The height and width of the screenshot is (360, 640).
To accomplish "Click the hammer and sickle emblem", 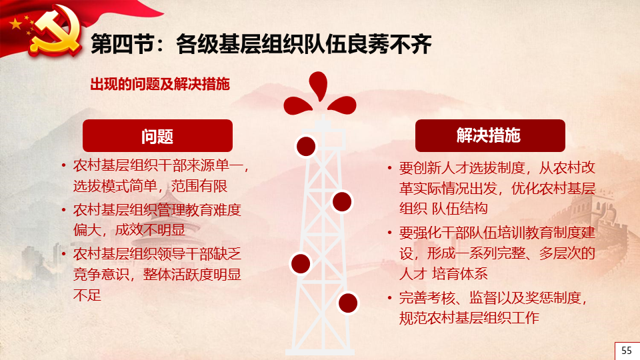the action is (56, 31).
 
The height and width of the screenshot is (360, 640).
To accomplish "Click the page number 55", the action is (627, 350).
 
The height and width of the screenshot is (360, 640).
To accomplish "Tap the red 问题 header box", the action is (157, 135).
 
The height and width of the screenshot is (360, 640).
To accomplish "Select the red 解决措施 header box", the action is (490, 135).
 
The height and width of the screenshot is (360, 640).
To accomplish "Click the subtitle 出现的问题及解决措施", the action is (160, 84).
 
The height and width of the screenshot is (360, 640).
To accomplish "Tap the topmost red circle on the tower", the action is (306, 146).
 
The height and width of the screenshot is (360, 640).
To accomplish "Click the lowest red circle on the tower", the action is (348, 303).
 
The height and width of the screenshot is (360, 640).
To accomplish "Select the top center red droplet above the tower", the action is (319, 85).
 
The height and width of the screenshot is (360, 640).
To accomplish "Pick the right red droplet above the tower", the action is (343, 105).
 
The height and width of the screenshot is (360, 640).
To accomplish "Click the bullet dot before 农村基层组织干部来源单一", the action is (64, 166).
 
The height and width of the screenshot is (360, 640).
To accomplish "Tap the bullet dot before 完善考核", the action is (390, 298).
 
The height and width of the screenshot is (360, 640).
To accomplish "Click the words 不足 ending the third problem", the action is (87, 295).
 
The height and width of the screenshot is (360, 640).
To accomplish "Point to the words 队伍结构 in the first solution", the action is (459, 209).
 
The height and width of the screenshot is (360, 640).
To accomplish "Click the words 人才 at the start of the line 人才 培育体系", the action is (413, 273).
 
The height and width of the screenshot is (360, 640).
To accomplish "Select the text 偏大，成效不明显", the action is (129, 230).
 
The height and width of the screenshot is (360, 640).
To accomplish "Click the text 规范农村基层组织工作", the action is (469, 318).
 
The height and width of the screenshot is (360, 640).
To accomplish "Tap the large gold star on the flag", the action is (16, 24).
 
